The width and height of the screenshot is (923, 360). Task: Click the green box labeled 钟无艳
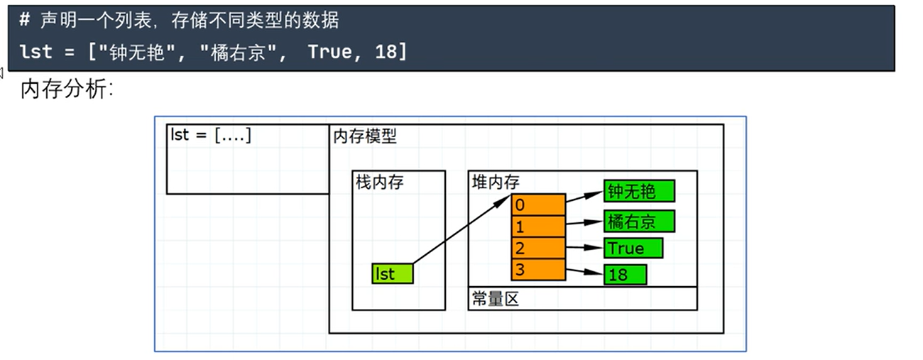pyautogui.click(x=639, y=192)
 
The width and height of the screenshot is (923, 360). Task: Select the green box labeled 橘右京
pyautogui.click(x=639, y=222)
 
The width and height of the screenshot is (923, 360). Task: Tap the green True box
pyautogui.click(x=633, y=249)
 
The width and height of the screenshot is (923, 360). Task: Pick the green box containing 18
pyautogui.click(x=625, y=274)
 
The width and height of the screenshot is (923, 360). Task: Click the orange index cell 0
pyautogui.click(x=538, y=204)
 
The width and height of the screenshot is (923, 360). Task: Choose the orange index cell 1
pyautogui.click(x=538, y=227)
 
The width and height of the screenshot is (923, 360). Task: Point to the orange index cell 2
pyautogui.click(x=538, y=249)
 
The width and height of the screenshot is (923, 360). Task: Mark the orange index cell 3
pyautogui.click(x=538, y=269)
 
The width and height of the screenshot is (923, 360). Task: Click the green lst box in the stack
pyautogui.click(x=393, y=274)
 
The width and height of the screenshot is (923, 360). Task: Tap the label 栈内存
pyautogui.click(x=379, y=182)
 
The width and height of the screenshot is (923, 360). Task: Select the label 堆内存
pyautogui.click(x=496, y=182)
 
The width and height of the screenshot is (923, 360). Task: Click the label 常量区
pyautogui.click(x=496, y=299)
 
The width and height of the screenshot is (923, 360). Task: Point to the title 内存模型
pyautogui.click(x=365, y=136)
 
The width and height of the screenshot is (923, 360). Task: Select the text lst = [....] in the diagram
pyautogui.click(x=212, y=135)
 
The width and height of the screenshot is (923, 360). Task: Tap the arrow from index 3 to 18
pyautogui.click(x=584, y=271)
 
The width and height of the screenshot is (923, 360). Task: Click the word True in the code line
pyautogui.click(x=329, y=51)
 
